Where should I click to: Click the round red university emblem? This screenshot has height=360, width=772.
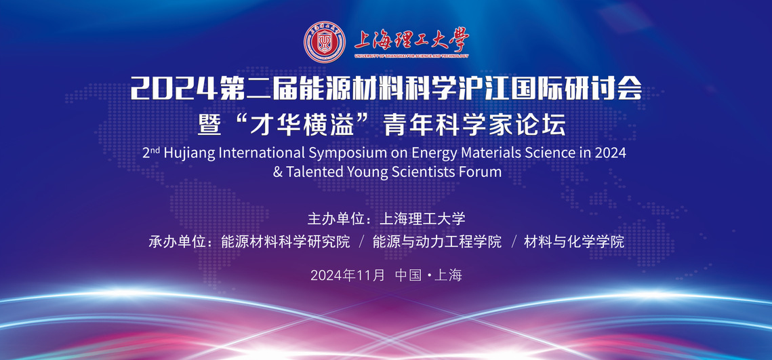pos(325,42)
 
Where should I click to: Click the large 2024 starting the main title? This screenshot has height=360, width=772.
pos(173,90)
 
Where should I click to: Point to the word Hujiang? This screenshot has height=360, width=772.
pos(188,153)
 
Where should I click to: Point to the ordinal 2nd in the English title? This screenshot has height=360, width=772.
pos(151,153)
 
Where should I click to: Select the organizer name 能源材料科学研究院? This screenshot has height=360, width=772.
pos(285,242)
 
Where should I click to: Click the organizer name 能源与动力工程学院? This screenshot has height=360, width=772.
pos(437,242)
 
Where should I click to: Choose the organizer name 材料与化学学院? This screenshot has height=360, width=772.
pos(574,242)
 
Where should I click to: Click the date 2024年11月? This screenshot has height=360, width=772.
pos(348,275)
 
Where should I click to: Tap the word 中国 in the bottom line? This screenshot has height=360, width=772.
pos(408,275)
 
